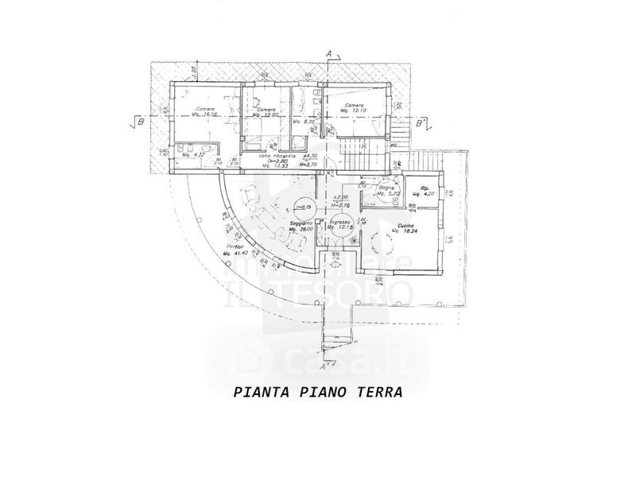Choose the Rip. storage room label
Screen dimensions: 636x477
click(414, 188)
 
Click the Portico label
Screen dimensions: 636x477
click(233, 246)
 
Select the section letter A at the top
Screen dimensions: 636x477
click(328, 52)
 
